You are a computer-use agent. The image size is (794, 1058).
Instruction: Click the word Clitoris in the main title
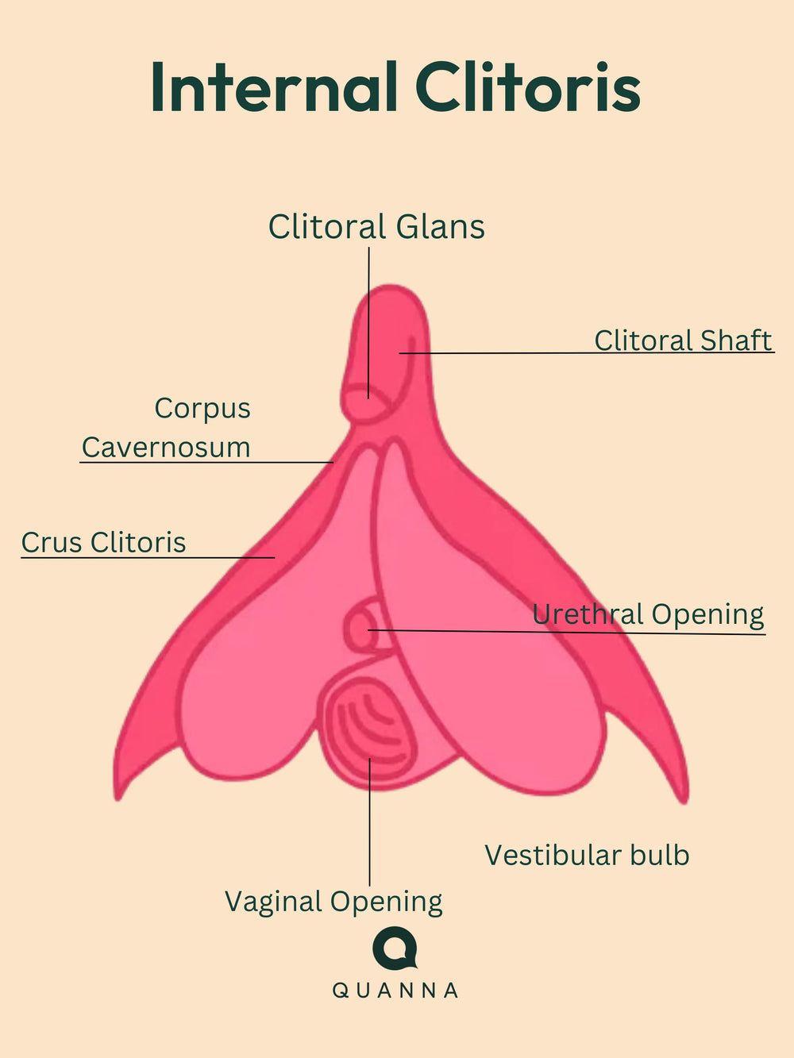[527, 87]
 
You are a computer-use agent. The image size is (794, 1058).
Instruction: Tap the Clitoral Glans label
[376, 227]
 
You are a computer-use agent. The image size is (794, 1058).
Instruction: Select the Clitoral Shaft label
[683, 340]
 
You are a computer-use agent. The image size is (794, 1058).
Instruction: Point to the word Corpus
[202, 408]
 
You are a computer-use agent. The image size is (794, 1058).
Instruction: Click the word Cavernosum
[166, 447]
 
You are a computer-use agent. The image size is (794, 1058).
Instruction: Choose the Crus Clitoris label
[103, 542]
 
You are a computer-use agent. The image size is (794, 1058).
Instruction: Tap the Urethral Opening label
[648, 614]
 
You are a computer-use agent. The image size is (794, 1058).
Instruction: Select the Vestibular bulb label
[587, 855]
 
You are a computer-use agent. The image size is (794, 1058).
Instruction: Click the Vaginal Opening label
[333, 902]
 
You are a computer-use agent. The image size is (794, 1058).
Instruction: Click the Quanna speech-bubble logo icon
[395, 948]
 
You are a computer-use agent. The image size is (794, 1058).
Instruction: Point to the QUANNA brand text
[395, 991]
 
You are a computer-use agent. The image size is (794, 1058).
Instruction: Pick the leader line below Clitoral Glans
[369, 317]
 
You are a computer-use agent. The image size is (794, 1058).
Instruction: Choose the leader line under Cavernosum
[206, 462]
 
